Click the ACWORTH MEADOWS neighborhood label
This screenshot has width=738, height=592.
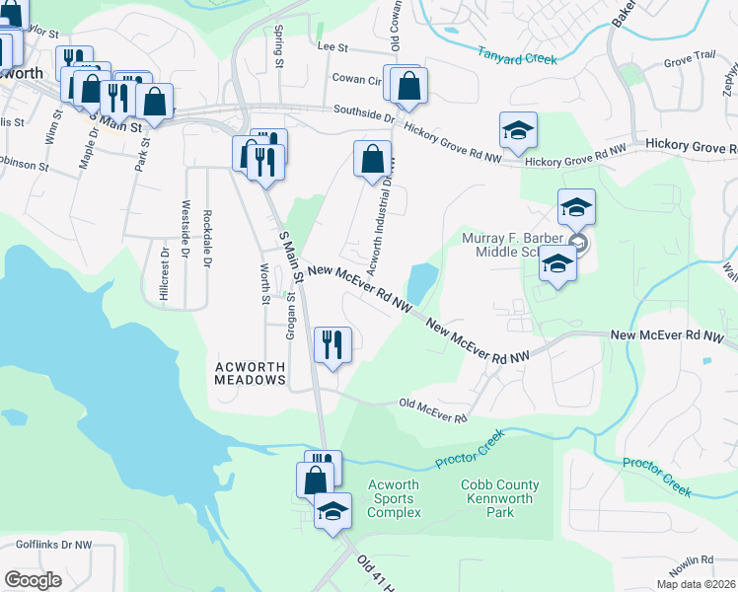[x=251, y=371]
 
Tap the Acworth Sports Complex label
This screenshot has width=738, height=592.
[x=394, y=498]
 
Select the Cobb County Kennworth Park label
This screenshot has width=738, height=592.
[x=500, y=498]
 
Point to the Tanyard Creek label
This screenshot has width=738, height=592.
[x=518, y=58]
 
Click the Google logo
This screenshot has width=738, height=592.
[x=33, y=579]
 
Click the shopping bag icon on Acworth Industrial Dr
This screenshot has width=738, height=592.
[x=371, y=158]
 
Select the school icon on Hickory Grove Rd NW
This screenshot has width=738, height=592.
[x=517, y=130]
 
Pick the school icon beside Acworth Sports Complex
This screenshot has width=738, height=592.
[x=332, y=511]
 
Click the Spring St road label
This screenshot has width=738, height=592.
[x=279, y=47]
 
